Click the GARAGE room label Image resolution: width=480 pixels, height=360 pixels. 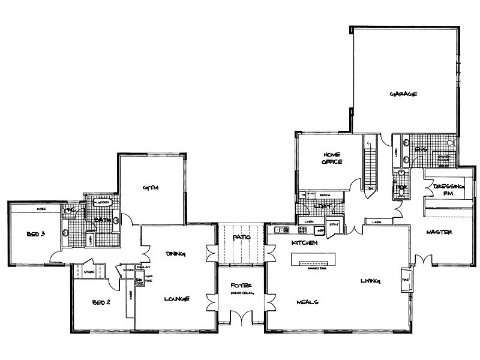[x=403, y=94]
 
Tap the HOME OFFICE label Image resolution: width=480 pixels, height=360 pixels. [x=332, y=158]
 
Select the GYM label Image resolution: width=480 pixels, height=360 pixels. [x=149, y=188]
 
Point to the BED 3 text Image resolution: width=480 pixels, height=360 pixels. [x=35, y=234]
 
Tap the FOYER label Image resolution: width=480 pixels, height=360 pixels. [x=240, y=285]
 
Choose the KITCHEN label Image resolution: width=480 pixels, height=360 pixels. [x=303, y=242]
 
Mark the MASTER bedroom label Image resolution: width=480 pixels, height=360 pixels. [x=439, y=232]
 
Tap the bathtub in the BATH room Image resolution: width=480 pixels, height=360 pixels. [x=103, y=203]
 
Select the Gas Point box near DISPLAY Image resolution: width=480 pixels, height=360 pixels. [x=139, y=281]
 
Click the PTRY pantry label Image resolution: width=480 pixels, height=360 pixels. [x=334, y=224]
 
